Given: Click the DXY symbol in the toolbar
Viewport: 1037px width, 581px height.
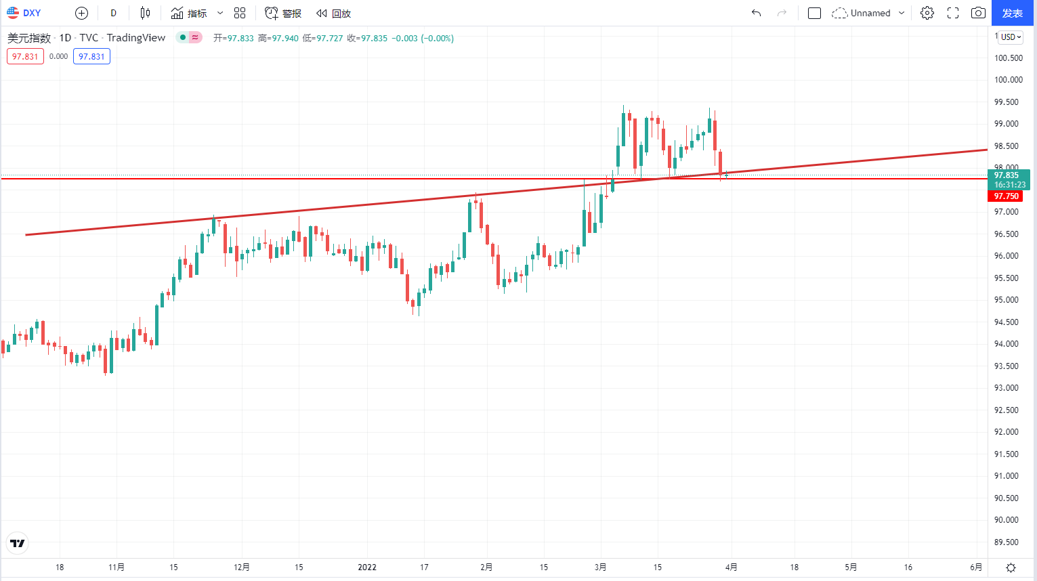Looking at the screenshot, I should pos(24,13).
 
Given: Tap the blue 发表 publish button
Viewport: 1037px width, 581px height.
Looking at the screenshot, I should pos(1012,13).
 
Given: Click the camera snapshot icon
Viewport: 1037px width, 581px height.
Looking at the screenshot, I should pos(978,13).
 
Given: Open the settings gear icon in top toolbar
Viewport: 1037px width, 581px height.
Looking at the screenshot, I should pos(927,13).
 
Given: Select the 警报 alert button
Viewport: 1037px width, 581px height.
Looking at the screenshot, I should pos(283,13).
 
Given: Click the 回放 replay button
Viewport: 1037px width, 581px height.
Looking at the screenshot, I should pos(333,13).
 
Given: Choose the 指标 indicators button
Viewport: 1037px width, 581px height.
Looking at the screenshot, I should pos(190,13).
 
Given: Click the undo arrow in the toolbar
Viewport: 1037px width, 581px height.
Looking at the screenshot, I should pos(756,13).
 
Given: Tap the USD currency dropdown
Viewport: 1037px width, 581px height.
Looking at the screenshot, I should pos(1011,37).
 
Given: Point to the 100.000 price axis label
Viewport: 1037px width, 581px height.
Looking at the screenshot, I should pos(1008,80).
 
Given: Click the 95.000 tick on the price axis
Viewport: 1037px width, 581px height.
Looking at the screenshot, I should pos(1007,300).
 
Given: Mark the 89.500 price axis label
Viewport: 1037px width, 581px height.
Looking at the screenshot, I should pos(1007,542).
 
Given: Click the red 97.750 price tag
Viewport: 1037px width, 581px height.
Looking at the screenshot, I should pos(1006,196).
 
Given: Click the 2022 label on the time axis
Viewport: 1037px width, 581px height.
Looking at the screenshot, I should pos(367,567).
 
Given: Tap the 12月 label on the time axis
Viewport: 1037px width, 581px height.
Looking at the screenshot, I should pos(242,567).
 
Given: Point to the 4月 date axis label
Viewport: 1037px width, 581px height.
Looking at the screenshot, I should pos(731,567).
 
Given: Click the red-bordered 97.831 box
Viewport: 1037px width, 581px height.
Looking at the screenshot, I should pos(25,57).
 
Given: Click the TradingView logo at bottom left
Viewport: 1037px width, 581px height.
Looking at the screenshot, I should pos(18,543).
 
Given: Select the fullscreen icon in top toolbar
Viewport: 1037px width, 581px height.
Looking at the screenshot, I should pos(952,13).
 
